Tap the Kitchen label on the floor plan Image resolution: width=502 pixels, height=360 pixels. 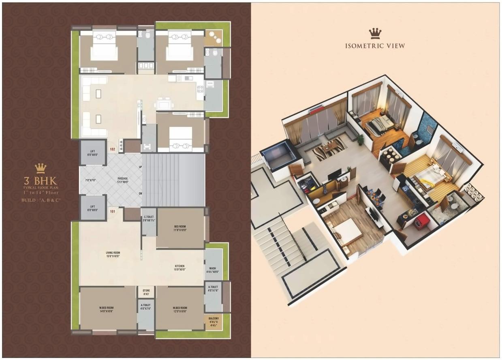pos(179,268)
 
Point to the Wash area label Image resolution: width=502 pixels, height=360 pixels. pos(212,270)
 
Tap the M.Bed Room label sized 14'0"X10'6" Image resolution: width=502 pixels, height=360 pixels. pos(107,310)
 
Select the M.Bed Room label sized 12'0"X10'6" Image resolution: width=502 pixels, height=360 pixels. pos(179,310)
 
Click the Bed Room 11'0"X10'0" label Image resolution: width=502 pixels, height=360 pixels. pos(180,228)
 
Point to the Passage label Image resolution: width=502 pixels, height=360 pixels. pos(123,180)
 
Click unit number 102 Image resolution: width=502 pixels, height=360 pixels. pos(113,149)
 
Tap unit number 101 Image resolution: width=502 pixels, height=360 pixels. pos(113,211)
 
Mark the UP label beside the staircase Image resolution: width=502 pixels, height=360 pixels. pos(140,167)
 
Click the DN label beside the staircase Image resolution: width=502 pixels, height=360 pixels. pos(140,193)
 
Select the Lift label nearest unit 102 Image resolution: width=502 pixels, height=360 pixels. pos(92,153)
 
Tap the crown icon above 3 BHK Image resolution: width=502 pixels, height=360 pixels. pos(41,168)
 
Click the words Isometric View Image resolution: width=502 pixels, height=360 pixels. pos(375,46)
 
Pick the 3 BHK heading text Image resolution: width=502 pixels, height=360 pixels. pos(41,181)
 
